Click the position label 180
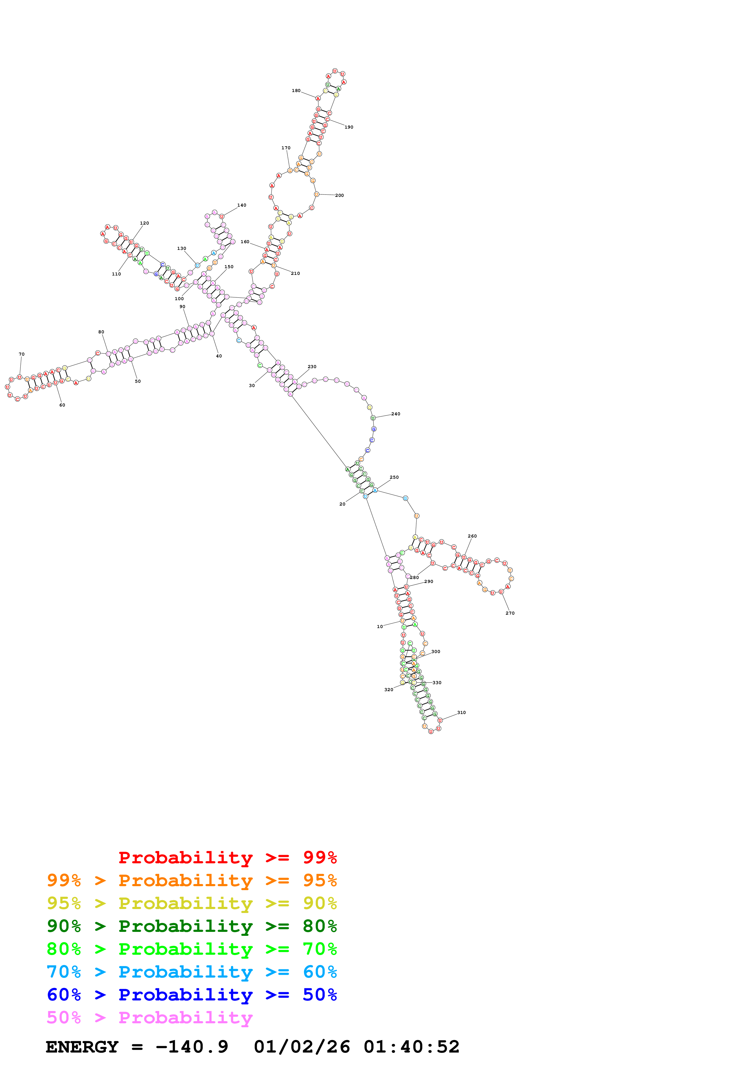[296, 91]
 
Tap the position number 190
[349, 127]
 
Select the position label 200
[339, 196]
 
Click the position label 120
[144, 223]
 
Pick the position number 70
[21, 354]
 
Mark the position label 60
[62, 405]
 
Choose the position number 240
[396, 414]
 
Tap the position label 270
[510, 613]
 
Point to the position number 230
[312, 367]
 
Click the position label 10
[380, 627]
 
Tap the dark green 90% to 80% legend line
[192, 926]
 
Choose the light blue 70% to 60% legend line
[192, 972]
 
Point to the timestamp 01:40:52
[411, 1047]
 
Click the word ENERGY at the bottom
[82, 1047]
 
